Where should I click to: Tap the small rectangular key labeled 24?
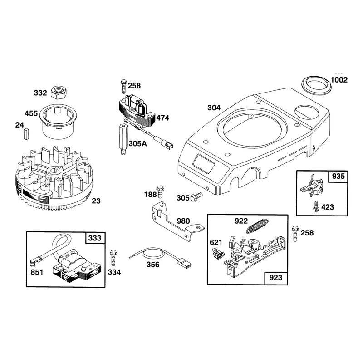[x=26, y=134]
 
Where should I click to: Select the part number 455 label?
[x=31, y=113]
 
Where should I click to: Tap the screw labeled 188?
[x=160, y=192]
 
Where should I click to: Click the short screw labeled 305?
[x=196, y=197]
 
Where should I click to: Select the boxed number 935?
[x=338, y=176]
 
